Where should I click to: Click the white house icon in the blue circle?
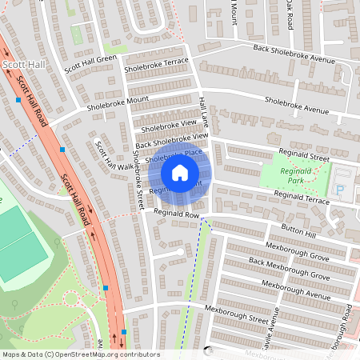click(x=180, y=172)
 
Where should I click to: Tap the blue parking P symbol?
click(x=342, y=190)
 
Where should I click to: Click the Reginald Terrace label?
click(x=301, y=194)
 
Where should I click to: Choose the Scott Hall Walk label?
click(x=105, y=156)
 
